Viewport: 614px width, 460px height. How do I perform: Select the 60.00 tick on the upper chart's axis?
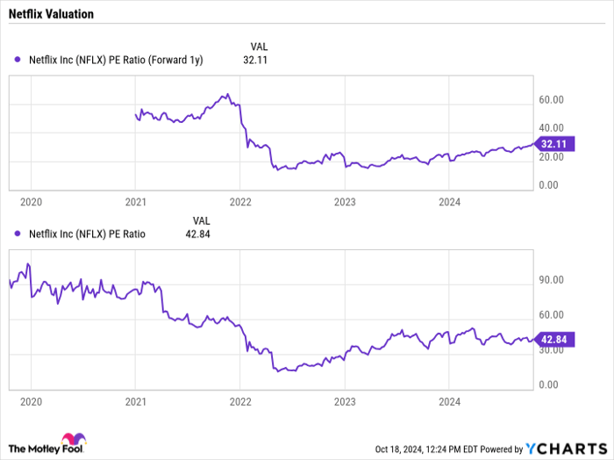(x=551, y=101)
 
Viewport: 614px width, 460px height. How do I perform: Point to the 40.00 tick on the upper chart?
(x=551, y=129)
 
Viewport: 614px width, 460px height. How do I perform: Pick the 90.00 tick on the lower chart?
(x=551, y=281)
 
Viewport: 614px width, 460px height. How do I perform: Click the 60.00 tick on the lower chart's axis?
(x=551, y=315)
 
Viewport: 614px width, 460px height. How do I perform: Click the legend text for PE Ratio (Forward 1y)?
(x=116, y=60)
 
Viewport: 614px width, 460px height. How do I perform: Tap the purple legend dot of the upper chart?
(x=18, y=60)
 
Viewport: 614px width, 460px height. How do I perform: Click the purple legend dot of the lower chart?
(x=18, y=234)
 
